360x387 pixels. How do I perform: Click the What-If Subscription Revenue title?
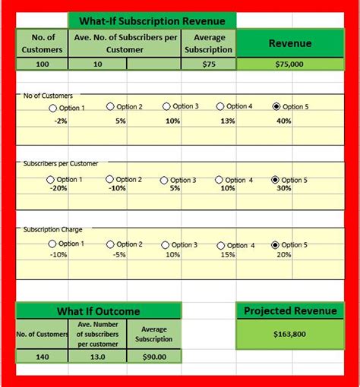152,20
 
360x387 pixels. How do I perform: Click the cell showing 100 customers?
43,64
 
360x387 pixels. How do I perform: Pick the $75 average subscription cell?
209,64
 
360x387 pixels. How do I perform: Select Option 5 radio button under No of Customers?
276,107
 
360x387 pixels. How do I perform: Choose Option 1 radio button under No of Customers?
52,108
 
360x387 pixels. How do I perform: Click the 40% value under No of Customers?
284,121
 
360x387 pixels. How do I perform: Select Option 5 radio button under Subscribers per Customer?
275,180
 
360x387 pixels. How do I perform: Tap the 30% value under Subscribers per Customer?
284,189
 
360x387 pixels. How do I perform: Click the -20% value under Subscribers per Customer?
58,189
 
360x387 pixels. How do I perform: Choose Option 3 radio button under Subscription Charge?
165,245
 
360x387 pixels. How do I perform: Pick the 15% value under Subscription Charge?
228,255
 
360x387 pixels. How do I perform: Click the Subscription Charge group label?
53,229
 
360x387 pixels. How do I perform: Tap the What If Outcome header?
99,311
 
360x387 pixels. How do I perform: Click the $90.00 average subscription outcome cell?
154,356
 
